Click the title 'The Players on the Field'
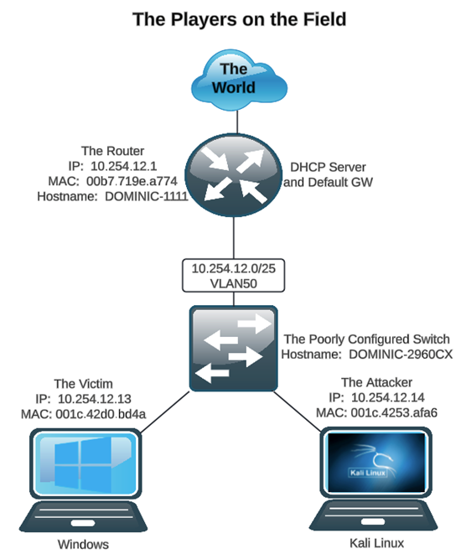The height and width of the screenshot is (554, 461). (239, 18)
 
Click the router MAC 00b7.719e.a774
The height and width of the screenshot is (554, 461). (122, 181)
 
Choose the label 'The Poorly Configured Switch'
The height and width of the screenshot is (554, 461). (367, 339)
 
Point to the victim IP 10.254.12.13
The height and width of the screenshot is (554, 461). (92, 399)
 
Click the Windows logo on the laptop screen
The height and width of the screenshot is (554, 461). (82, 466)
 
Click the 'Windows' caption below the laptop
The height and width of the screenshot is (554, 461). (83, 544)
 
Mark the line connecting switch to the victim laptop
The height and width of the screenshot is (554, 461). (164, 411)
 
